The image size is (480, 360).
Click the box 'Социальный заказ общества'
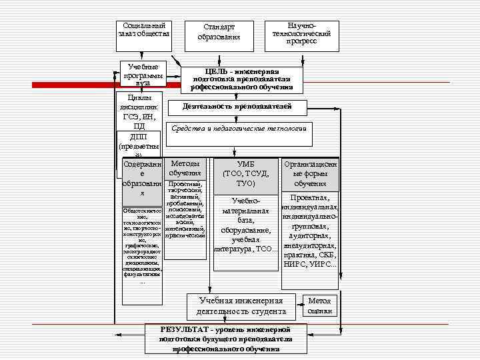tap(144, 29)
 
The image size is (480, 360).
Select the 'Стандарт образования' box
tap(219, 32)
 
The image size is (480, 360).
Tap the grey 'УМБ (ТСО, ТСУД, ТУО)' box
tap(245, 173)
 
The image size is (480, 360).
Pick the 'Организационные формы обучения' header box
tap(310, 173)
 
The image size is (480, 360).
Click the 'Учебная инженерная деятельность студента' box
tap(241, 306)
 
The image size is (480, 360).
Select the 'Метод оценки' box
tap(319, 305)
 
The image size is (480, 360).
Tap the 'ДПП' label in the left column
tap(139, 137)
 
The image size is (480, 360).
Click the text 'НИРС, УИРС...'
tap(310, 265)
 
